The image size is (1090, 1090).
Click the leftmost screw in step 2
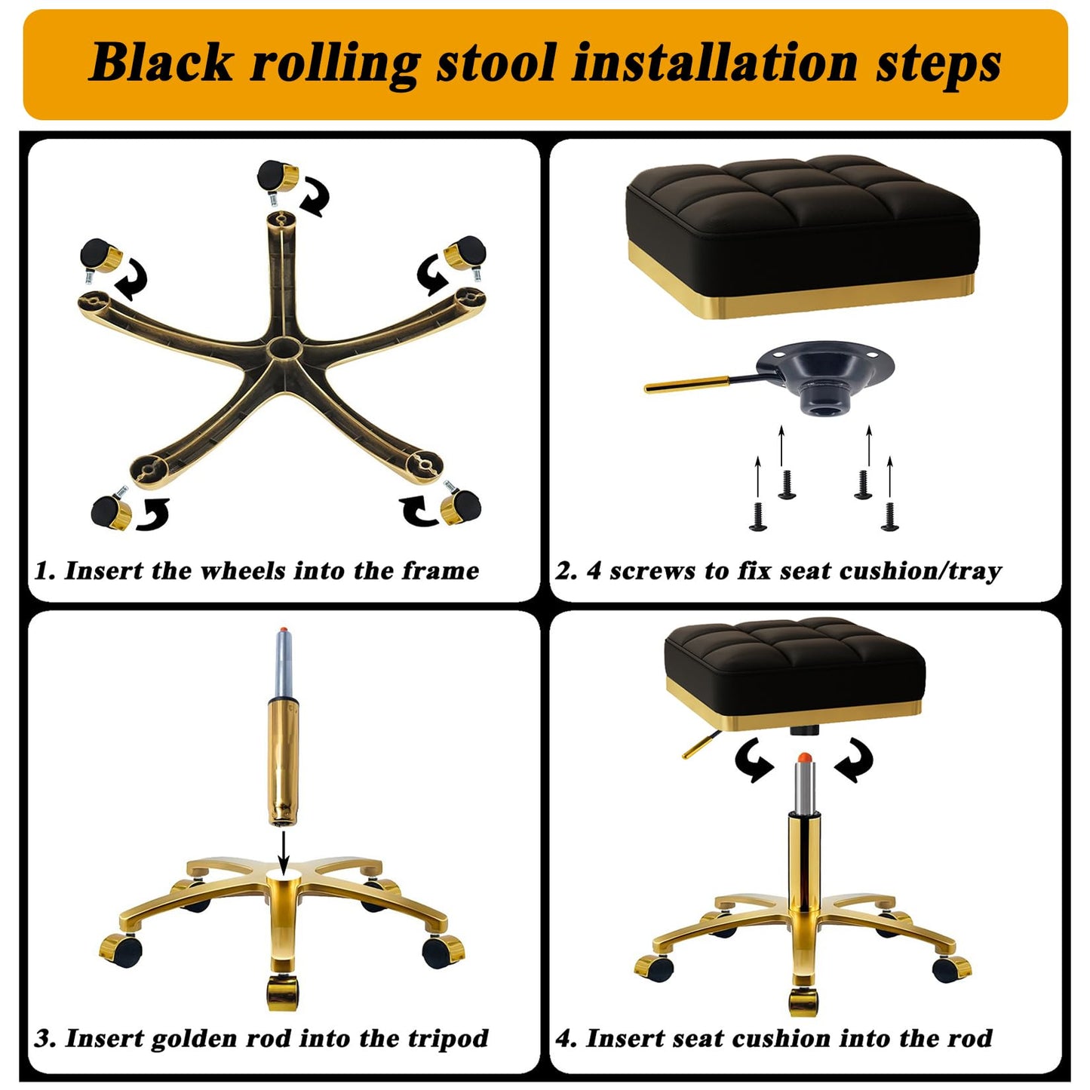tap(758, 517)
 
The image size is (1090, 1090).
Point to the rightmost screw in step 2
tap(890, 517)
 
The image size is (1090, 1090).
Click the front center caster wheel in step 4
tap(803, 1002)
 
